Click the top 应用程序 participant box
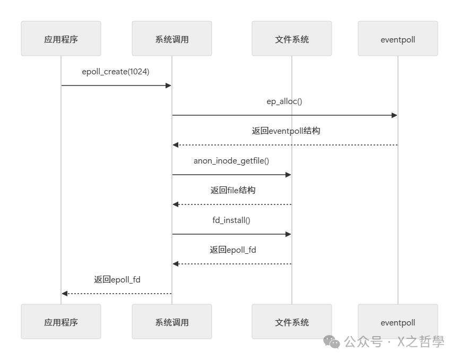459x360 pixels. pyautogui.click(x=61, y=39)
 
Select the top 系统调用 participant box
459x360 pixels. pyautogui.click(x=172, y=39)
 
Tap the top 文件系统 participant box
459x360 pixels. pyautogui.click(x=292, y=39)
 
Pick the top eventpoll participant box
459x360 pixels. pyautogui.click(x=398, y=39)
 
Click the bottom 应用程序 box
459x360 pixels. pyautogui.click(x=61, y=322)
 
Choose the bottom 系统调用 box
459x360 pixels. pyautogui.click(x=172, y=322)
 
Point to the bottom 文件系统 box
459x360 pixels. pyautogui.click(x=292, y=322)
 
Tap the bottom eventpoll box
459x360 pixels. pyautogui.click(x=398, y=322)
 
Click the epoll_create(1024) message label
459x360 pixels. pyautogui.click(x=116, y=72)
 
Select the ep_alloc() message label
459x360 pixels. pyautogui.click(x=284, y=101)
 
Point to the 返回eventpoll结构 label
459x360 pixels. pyautogui.click(x=286, y=131)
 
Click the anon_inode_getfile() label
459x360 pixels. pyautogui.click(x=231, y=160)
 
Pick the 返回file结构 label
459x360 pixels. pyautogui.click(x=232, y=190)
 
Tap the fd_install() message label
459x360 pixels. pyautogui.click(x=231, y=220)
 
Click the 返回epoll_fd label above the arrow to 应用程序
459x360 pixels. pyautogui.click(x=117, y=279)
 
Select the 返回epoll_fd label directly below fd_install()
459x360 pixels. pyautogui.click(x=232, y=250)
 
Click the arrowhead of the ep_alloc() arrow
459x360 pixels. pyautogui.click(x=394, y=115)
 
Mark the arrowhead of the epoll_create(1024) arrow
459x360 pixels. pyautogui.click(x=168, y=85)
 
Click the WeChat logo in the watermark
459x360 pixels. pyautogui.click(x=332, y=342)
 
